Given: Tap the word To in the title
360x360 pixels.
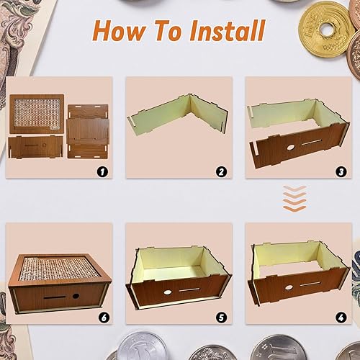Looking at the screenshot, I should click(173, 31).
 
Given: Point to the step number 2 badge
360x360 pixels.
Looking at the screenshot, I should click(222, 171).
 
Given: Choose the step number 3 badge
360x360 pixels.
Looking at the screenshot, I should click(341, 171).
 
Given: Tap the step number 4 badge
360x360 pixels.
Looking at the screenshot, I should click(341, 317).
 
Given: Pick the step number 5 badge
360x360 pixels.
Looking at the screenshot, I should click(222, 317).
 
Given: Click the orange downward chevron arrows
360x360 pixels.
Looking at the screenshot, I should click(294, 199).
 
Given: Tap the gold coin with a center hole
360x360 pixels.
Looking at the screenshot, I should click(325, 30).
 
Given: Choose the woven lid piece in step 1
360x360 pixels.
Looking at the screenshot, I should click(37, 112).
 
